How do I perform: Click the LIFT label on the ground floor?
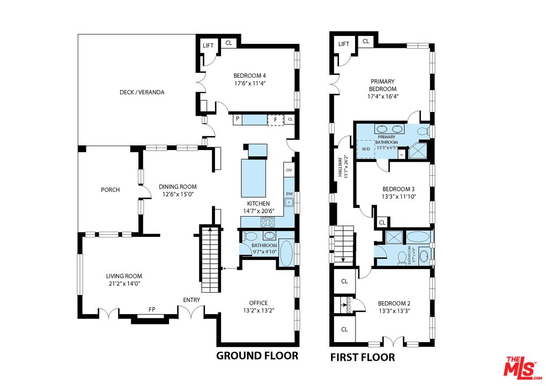tap(208, 46)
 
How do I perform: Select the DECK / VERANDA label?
tap(142, 92)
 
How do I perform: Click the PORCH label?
tap(110, 190)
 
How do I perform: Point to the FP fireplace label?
tap(152, 309)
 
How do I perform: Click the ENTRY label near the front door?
tap(192, 300)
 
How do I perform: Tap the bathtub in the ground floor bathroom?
tap(286, 253)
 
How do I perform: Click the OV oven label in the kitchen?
tap(289, 170)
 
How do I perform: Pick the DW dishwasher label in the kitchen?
tap(289, 194)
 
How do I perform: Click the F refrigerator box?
tap(275, 120)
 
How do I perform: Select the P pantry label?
tap(237, 120)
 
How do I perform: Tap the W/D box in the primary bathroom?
tap(366, 150)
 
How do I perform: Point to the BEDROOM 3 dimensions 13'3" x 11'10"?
tap(398, 197)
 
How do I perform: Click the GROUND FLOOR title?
tap(256, 355)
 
